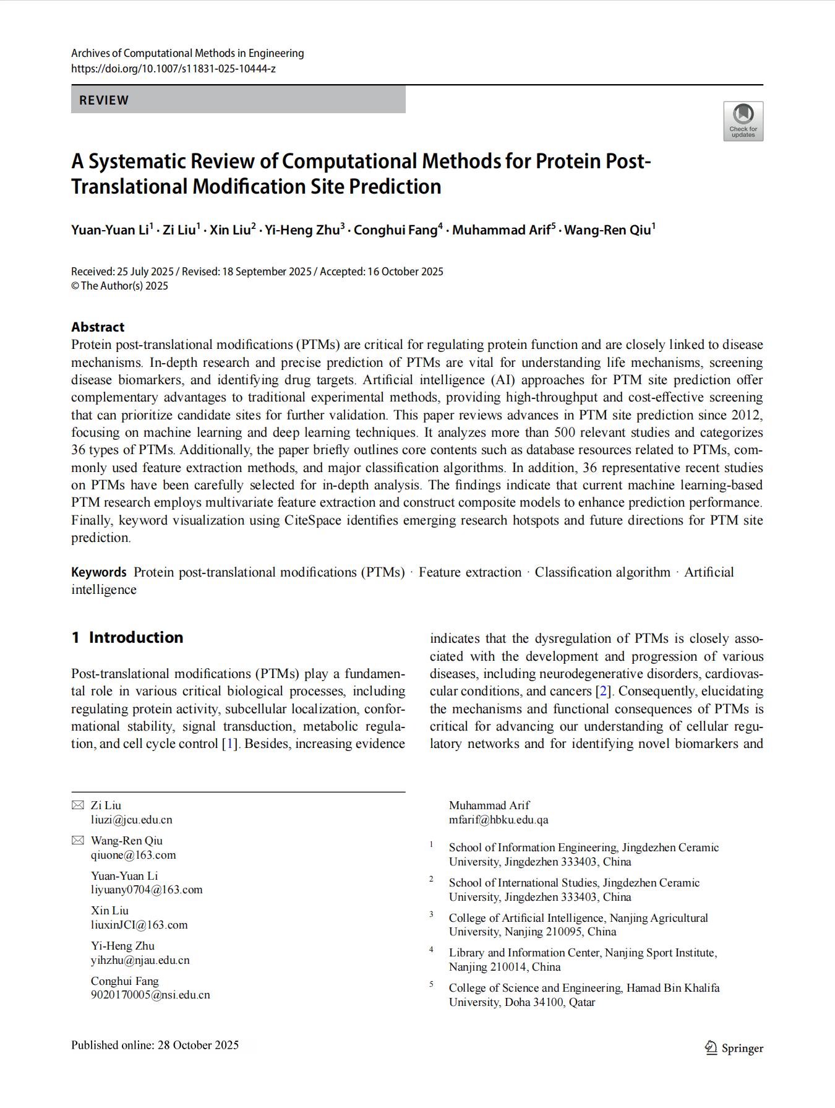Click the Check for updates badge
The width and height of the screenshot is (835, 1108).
(x=743, y=121)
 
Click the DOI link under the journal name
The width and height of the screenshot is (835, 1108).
(x=173, y=69)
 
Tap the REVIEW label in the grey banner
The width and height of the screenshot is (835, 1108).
(x=104, y=100)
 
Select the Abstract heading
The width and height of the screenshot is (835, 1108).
(x=98, y=327)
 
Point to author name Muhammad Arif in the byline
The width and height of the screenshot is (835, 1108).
(x=501, y=230)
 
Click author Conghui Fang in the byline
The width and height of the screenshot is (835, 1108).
(x=395, y=230)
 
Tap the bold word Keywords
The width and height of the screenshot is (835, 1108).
(x=99, y=572)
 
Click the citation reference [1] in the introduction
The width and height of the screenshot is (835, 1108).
(x=230, y=744)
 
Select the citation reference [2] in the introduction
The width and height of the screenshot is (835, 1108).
(x=603, y=691)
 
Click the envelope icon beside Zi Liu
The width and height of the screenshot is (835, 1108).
(x=78, y=805)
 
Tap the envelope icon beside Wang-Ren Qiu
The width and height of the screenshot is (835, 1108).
(x=78, y=840)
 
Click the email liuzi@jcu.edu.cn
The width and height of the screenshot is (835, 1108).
(x=131, y=820)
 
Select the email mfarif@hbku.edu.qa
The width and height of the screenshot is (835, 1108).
(x=499, y=820)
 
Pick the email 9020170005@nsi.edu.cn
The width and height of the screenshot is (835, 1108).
(x=150, y=995)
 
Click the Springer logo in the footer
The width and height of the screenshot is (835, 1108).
(x=734, y=1048)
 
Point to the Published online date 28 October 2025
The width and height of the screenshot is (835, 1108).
(x=198, y=1045)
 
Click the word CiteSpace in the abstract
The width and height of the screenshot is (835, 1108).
(x=312, y=520)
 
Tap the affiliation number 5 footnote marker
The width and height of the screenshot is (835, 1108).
(x=432, y=984)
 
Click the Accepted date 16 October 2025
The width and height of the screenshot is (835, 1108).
(x=405, y=272)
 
